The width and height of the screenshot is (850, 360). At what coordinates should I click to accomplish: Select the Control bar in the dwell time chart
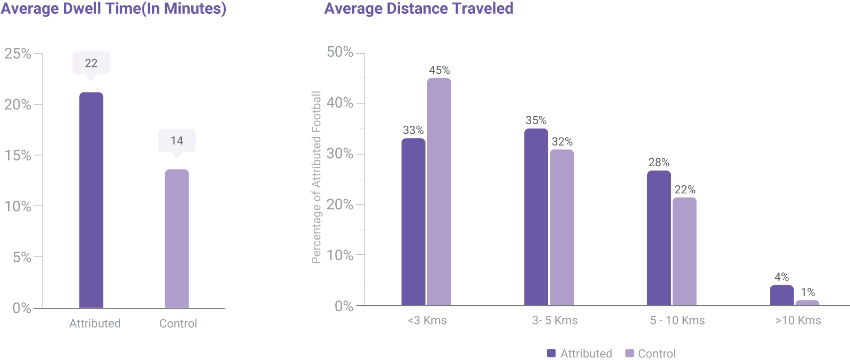(x=177, y=239)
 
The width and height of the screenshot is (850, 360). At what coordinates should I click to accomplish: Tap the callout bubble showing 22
(x=91, y=63)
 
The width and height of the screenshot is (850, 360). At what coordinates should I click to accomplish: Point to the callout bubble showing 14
(x=177, y=141)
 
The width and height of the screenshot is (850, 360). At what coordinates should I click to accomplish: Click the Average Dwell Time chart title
(x=113, y=9)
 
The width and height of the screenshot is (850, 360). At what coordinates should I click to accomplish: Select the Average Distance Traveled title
(x=419, y=9)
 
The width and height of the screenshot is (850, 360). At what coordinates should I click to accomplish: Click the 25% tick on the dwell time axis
(x=18, y=54)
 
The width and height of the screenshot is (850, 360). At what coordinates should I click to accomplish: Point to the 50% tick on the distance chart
(x=340, y=52)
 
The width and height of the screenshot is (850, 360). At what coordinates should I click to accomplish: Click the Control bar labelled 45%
(x=439, y=191)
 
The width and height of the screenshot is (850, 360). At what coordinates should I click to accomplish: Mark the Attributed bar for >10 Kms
(x=781, y=295)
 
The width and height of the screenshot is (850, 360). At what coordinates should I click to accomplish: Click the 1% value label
(x=807, y=293)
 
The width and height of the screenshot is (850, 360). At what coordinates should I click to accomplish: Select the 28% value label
(x=659, y=162)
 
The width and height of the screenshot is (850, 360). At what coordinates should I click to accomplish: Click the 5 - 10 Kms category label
(x=677, y=321)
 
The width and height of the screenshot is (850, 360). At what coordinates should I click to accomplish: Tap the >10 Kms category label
(x=798, y=321)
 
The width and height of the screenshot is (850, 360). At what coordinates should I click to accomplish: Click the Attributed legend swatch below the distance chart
(x=551, y=353)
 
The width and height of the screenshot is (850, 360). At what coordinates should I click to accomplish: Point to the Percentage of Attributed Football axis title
(x=317, y=177)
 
